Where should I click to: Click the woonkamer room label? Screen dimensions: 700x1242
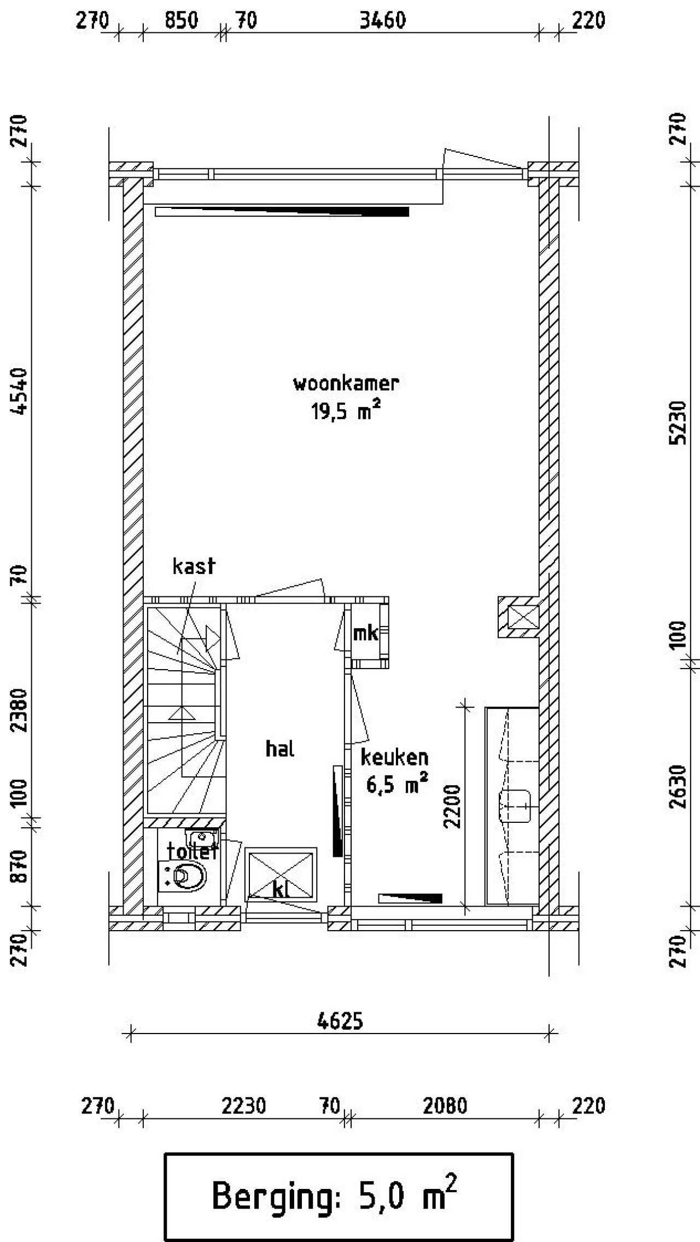(x=346, y=383)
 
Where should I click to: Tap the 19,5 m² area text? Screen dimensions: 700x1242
(x=346, y=410)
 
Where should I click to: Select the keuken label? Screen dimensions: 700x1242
(x=394, y=757)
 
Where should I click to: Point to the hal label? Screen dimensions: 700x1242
(x=280, y=748)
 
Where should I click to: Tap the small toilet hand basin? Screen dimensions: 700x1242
(x=202, y=838)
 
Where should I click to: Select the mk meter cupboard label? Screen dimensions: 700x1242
(x=365, y=633)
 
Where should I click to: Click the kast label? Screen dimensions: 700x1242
(x=194, y=566)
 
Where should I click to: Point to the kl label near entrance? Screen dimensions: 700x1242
(x=281, y=890)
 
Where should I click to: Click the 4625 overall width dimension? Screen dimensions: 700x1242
(x=340, y=1021)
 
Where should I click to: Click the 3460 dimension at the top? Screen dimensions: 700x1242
(x=383, y=20)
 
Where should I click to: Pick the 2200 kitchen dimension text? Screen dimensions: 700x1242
(x=453, y=806)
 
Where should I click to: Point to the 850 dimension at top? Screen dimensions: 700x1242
(x=181, y=20)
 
